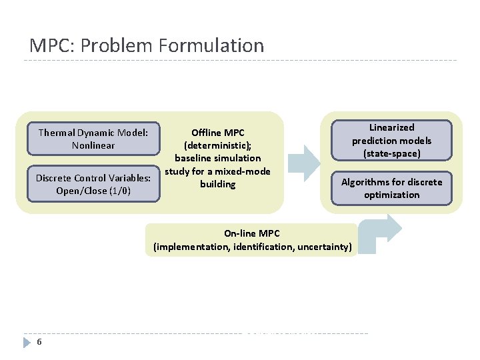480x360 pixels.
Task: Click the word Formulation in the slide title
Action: coord(211,45)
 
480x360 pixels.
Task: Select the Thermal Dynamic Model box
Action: coord(93,139)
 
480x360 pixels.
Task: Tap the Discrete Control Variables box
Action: coord(93,185)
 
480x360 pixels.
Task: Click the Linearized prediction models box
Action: coord(392,140)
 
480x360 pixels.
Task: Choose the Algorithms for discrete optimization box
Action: coord(392,188)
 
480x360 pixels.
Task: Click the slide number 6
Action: coord(40,342)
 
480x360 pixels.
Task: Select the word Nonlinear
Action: coord(93,145)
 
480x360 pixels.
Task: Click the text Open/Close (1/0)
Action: coord(93,191)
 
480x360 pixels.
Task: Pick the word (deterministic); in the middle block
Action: coord(218,145)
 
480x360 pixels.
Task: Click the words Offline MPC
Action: coord(218,133)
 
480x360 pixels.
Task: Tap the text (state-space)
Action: coord(392,153)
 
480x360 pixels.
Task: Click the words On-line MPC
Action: coord(252,233)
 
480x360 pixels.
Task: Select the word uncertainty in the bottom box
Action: coord(324,247)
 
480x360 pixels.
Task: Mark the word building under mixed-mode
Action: coord(218,184)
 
